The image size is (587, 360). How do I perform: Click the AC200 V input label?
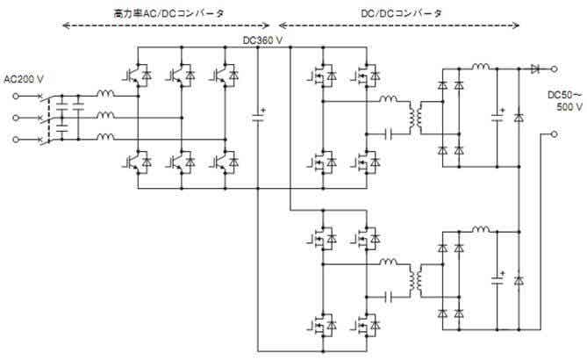click(24, 79)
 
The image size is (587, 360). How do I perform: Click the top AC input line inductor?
click(105, 94)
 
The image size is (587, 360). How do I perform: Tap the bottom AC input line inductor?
click(105, 137)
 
